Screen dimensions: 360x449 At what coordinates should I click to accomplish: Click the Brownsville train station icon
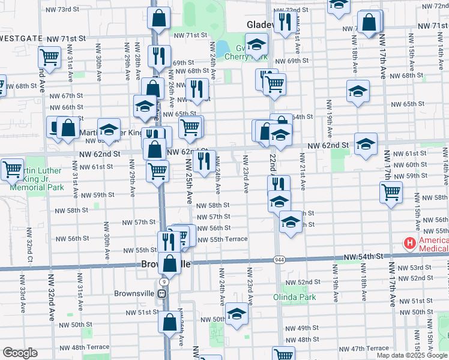[161, 294]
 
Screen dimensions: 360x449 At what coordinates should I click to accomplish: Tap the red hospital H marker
[410, 243]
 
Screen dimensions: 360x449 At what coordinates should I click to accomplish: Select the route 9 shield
[164, 281]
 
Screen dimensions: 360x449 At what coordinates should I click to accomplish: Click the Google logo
[20, 353]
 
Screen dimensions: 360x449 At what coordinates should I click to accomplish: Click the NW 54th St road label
[364, 257]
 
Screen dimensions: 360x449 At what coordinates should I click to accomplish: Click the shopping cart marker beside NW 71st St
[50, 57]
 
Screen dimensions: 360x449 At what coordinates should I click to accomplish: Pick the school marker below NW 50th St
[237, 314]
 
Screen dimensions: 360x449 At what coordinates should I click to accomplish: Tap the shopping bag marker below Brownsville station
[169, 322]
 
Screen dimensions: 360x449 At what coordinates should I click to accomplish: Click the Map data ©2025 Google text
[412, 355]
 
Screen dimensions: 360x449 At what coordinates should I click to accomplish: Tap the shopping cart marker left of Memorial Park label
[12, 169]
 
